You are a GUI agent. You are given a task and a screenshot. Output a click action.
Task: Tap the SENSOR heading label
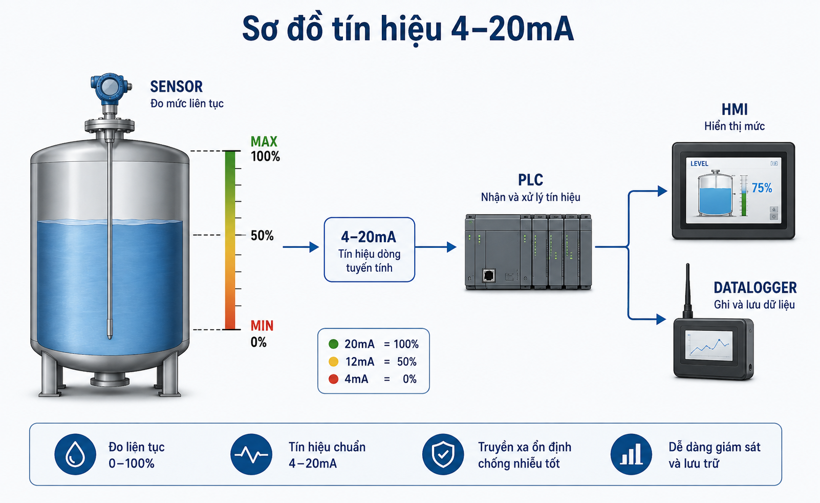click(176, 87)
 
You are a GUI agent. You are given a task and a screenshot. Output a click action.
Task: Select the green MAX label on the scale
click(264, 141)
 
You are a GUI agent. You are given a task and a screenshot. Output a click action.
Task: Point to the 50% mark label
click(262, 236)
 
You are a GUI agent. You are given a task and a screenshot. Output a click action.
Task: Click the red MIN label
click(262, 326)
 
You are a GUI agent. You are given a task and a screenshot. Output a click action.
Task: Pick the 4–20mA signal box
click(370, 249)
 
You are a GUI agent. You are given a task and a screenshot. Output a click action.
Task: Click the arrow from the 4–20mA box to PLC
click(436, 247)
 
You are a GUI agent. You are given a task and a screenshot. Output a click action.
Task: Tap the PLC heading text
click(530, 180)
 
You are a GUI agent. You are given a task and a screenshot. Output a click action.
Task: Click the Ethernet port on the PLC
click(489, 275)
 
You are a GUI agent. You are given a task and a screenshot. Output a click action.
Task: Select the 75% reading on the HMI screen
click(762, 188)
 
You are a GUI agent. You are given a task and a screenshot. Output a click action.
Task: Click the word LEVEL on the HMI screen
click(699, 164)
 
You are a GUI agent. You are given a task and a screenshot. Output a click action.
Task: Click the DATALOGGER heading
click(755, 288)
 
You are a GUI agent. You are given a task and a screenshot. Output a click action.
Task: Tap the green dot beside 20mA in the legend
click(334, 344)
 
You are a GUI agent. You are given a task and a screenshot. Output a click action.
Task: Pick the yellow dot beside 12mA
click(334, 362)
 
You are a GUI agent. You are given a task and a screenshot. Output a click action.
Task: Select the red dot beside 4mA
click(334, 379)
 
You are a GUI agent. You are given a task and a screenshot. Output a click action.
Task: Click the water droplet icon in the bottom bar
click(75, 454)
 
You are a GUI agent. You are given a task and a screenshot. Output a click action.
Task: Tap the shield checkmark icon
click(443, 454)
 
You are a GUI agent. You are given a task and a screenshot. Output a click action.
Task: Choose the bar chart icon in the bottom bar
click(631, 454)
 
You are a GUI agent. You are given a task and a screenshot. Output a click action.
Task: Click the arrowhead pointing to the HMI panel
click(662, 191)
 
